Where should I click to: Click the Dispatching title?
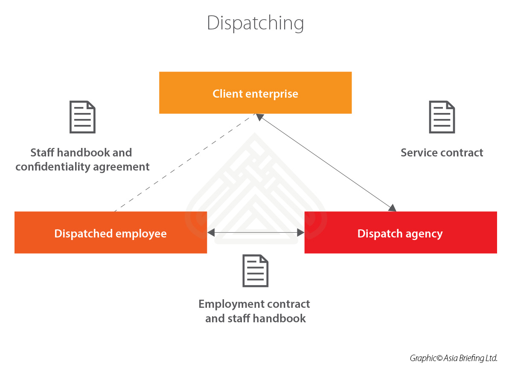click(x=255, y=23)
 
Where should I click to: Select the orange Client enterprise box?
click(x=255, y=93)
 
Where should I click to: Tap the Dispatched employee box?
click(x=111, y=233)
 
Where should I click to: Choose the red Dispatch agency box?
click(x=400, y=233)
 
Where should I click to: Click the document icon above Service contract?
click(x=442, y=117)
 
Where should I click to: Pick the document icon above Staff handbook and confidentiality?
click(x=82, y=117)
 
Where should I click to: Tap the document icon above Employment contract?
click(x=255, y=271)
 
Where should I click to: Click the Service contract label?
click(x=442, y=153)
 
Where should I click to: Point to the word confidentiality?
click(x=59, y=167)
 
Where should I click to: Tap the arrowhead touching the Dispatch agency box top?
click(x=392, y=208)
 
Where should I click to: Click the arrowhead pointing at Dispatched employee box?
click(x=211, y=233)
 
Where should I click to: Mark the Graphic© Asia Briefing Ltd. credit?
click(x=454, y=358)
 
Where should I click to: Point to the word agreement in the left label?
click(x=127, y=167)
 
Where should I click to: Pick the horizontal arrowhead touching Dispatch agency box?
click(x=300, y=233)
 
